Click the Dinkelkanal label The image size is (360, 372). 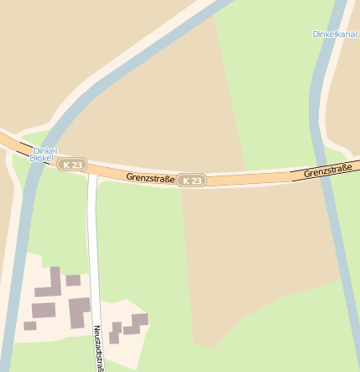coord(334,34)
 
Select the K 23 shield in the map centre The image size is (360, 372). coord(192,181)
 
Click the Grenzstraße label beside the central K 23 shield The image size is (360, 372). coord(150,177)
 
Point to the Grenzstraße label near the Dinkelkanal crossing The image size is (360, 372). coord(327,171)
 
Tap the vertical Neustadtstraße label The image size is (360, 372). coord(98,348)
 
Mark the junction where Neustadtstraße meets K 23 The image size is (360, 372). coord(92,171)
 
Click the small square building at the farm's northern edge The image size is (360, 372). coord(73,280)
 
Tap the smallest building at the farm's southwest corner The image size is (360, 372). coord(30,325)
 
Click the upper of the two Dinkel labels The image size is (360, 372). coord(44,150)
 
